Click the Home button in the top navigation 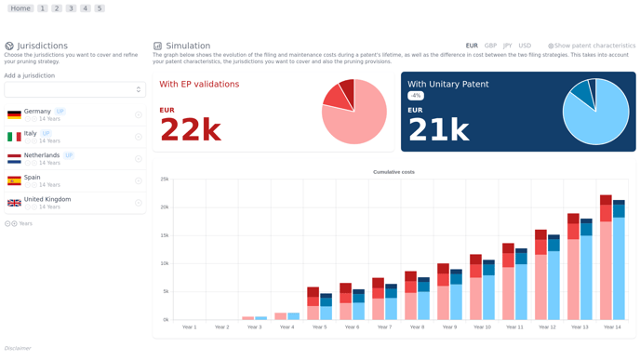(20, 8)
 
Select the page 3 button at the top (71, 8)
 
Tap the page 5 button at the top (100, 8)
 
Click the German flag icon (14, 115)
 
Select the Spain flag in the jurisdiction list (14, 180)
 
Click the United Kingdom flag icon (14, 203)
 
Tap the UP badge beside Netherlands (69, 155)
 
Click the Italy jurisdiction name (31, 133)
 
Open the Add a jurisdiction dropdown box (74, 89)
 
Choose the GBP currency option (490, 46)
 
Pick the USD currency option (525, 46)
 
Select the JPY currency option (507, 46)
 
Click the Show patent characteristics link (594, 46)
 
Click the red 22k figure (190, 130)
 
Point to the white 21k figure (438, 130)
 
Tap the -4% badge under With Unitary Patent (416, 96)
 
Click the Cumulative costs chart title (393, 172)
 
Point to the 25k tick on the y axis (165, 179)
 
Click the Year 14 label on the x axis (611, 327)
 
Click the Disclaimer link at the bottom (18, 348)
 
